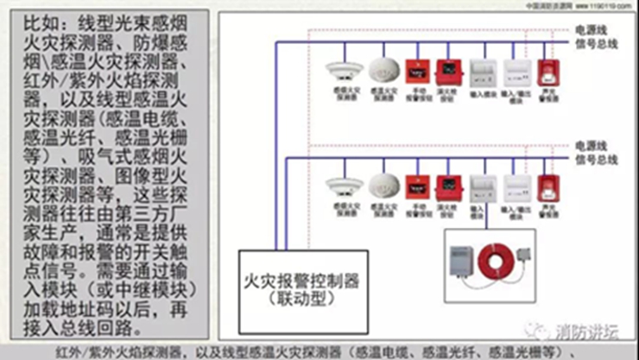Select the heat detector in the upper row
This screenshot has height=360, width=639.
click(x=381, y=70)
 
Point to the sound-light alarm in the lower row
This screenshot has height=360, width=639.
click(x=546, y=186)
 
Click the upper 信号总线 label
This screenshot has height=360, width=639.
click(x=597, y=41)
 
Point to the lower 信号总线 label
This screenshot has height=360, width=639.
click(x=597, y=159)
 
